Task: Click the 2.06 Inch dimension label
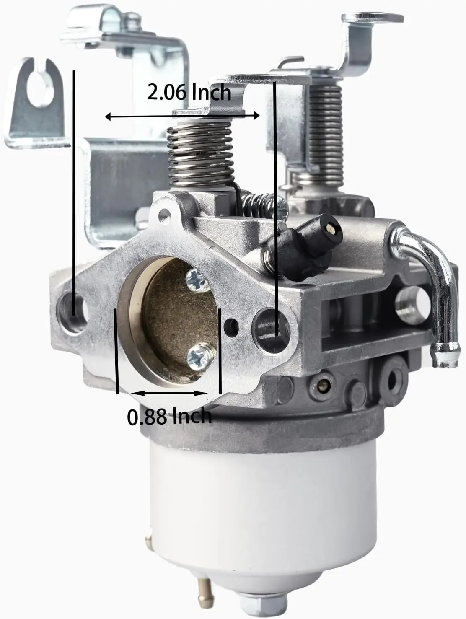click(189, 93)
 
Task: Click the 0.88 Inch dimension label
click(169, 417)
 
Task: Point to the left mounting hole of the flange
click(72, 313)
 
